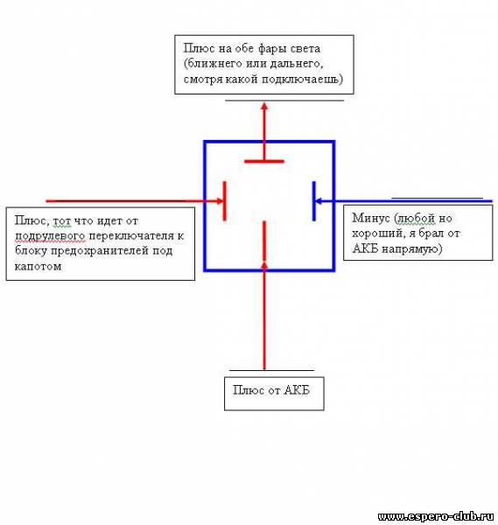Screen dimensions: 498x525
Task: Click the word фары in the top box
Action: [x=270, y=49]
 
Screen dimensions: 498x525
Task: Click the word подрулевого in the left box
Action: [x=50, y=236]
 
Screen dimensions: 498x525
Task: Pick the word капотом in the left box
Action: [x=38, y=267]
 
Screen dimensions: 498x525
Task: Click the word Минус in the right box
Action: [x=371, y=218]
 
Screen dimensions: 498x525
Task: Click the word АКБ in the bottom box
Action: [x=297, y=390]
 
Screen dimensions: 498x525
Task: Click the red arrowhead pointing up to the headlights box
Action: [x=264, y=107]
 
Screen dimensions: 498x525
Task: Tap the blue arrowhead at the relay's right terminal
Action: [x=319, y=201]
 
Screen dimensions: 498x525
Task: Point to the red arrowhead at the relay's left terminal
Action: [x=220, y=201]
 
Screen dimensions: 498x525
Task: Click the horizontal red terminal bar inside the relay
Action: [x=264, y=161]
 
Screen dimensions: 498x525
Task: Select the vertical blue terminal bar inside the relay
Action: [x=314, y=201]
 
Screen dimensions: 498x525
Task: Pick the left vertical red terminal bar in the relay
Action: [x=225, y=201]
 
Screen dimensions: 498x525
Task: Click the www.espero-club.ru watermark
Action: [x=435, y=516]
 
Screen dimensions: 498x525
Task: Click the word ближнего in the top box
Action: [x=214, y=64]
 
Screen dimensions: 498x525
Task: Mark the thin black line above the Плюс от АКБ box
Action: [x=271, y=371]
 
